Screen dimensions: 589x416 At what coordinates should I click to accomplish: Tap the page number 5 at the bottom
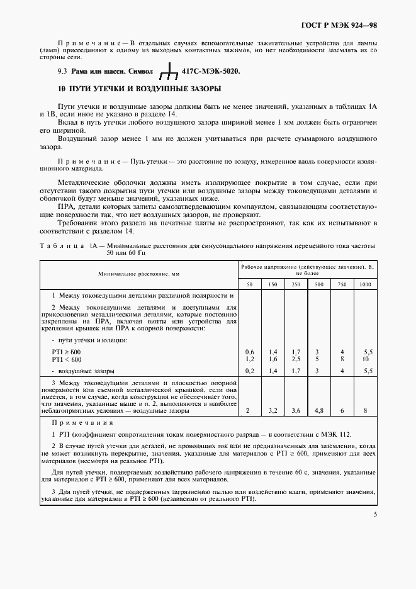(x=374, y=514)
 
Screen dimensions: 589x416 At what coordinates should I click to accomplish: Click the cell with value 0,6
(x=250, y=351)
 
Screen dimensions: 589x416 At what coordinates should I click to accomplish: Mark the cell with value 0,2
(x=250, y=371)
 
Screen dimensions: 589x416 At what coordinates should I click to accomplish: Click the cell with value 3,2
(x=273, y=410)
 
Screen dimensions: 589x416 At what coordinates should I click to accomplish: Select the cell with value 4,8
(x=319, y=410)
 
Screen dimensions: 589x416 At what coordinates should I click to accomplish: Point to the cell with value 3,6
(x=296, y=410)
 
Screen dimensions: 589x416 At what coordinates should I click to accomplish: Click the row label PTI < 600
(x=67, y=359)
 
